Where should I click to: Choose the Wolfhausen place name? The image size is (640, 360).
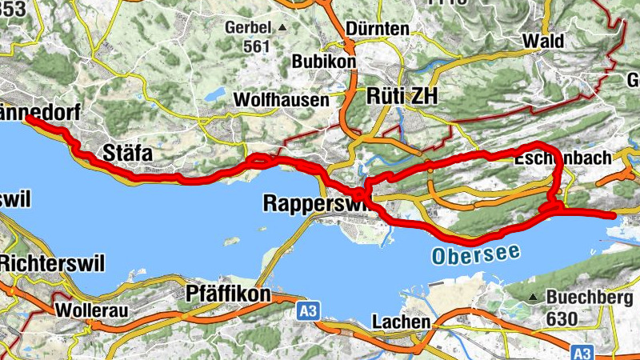tap(281, 100)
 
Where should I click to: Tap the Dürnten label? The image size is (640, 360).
tap(378, 30)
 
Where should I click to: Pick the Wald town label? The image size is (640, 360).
tap(542, 41)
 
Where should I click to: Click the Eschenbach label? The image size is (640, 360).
tap(563, 158)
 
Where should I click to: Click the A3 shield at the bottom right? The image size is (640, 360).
tap(582, 351)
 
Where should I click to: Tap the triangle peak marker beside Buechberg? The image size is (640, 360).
tap(534, 298)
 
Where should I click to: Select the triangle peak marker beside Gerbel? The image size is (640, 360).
tap(282, 28)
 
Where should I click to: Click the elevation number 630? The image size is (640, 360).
tap(563, 318)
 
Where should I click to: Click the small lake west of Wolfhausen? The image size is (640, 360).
tap(214, 95)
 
